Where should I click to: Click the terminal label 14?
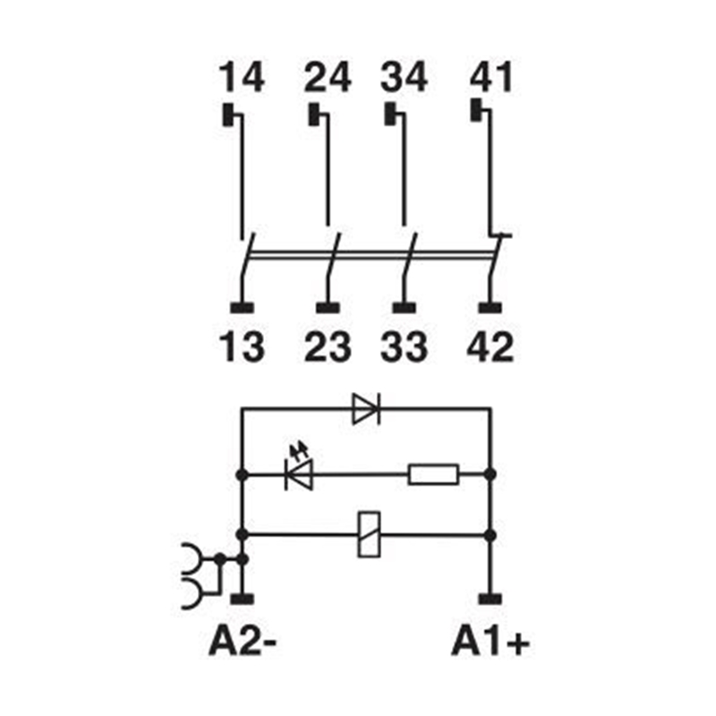point(242,78)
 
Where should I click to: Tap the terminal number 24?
point(328,78)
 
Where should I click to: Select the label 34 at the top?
point(404,78)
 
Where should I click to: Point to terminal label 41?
point(490,78)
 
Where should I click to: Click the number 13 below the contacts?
point(242,347)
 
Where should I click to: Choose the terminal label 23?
point(328,347)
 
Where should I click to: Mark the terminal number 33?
point(404,347)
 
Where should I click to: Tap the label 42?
point(490,347)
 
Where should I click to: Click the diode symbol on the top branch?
point(366,408)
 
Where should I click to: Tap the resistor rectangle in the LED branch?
point(433,474)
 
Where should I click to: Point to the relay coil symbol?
point(369,534)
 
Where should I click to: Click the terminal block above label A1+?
point(490,599)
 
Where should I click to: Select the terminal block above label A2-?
point(242,599)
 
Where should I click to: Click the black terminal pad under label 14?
point(228,115)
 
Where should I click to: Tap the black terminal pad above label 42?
point(490,308)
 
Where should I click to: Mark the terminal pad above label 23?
point(328,308)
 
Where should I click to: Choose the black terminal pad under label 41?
point(476,110)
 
